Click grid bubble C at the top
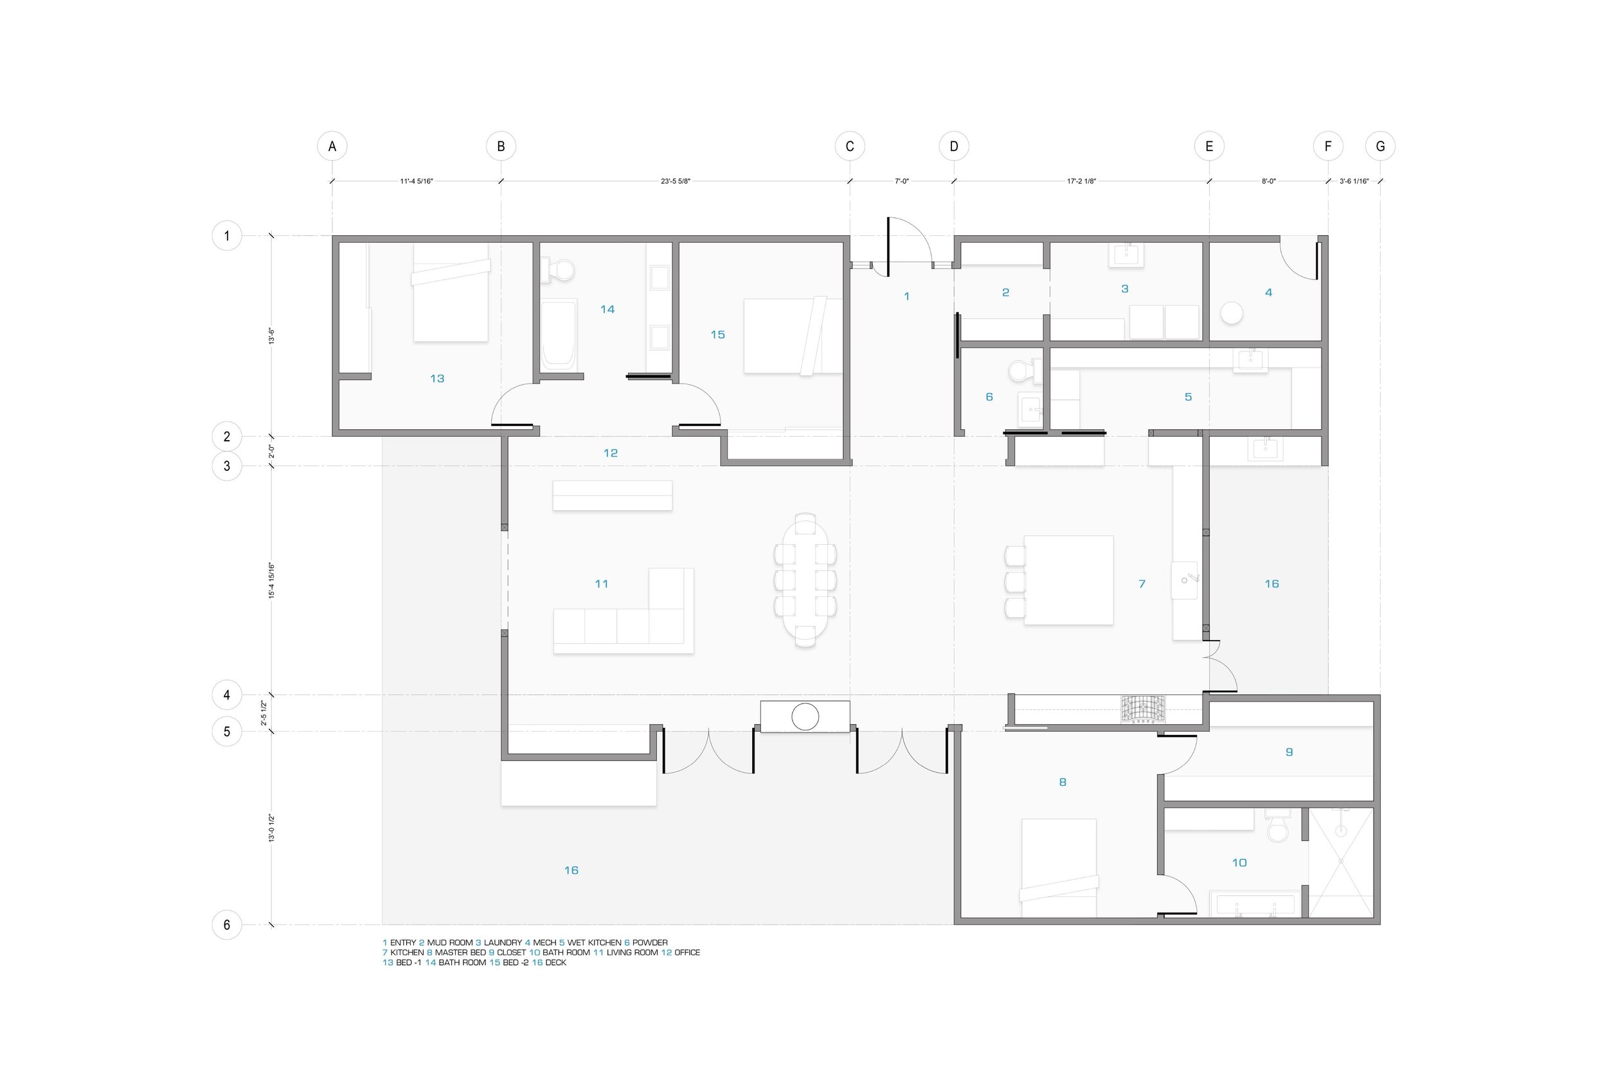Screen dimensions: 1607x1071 (x=849, y=146)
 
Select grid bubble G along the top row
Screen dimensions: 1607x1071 (x=1380, y=146)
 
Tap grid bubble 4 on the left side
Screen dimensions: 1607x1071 (x=227, y=695)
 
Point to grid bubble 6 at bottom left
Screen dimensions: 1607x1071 (x=227, y=925)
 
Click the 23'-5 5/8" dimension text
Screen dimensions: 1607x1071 (x=675, y=181)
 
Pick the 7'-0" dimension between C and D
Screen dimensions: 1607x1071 (x=902, y=181)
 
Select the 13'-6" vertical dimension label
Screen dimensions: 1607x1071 (x=271, y=336)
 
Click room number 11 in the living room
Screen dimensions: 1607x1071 (x=601, y=584)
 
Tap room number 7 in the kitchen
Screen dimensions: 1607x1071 (x=1142, y=584)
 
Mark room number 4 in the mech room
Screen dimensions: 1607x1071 (x=1269, y=292)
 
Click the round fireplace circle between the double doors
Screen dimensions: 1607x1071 (x=805, y=716)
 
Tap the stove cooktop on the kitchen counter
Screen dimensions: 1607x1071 (x=1143, y=709)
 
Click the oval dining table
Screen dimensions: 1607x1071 (x=805, y=580)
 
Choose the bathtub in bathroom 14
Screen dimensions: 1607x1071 (x=559, y=335)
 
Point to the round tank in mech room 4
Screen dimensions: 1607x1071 (x=1231, y=313)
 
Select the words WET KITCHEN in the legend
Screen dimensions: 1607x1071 (x=595, y=943)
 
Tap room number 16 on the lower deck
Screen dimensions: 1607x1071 (x=571, y=870)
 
